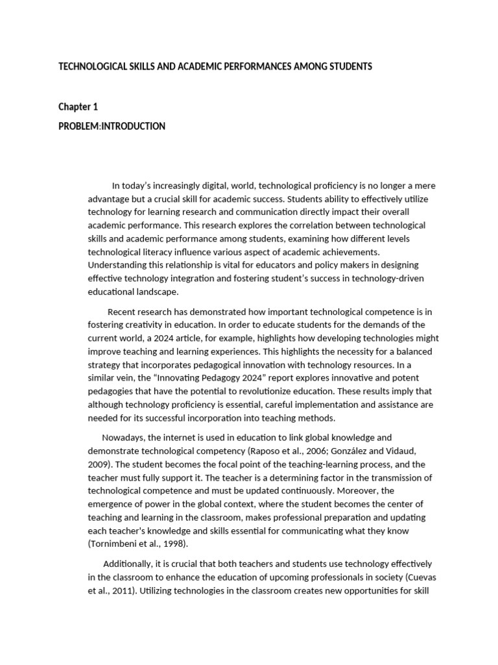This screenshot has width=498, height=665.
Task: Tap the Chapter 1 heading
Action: [78, 107]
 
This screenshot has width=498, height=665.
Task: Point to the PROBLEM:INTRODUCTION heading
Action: [112, 126]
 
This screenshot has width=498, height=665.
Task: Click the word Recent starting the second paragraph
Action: [122, 312]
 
